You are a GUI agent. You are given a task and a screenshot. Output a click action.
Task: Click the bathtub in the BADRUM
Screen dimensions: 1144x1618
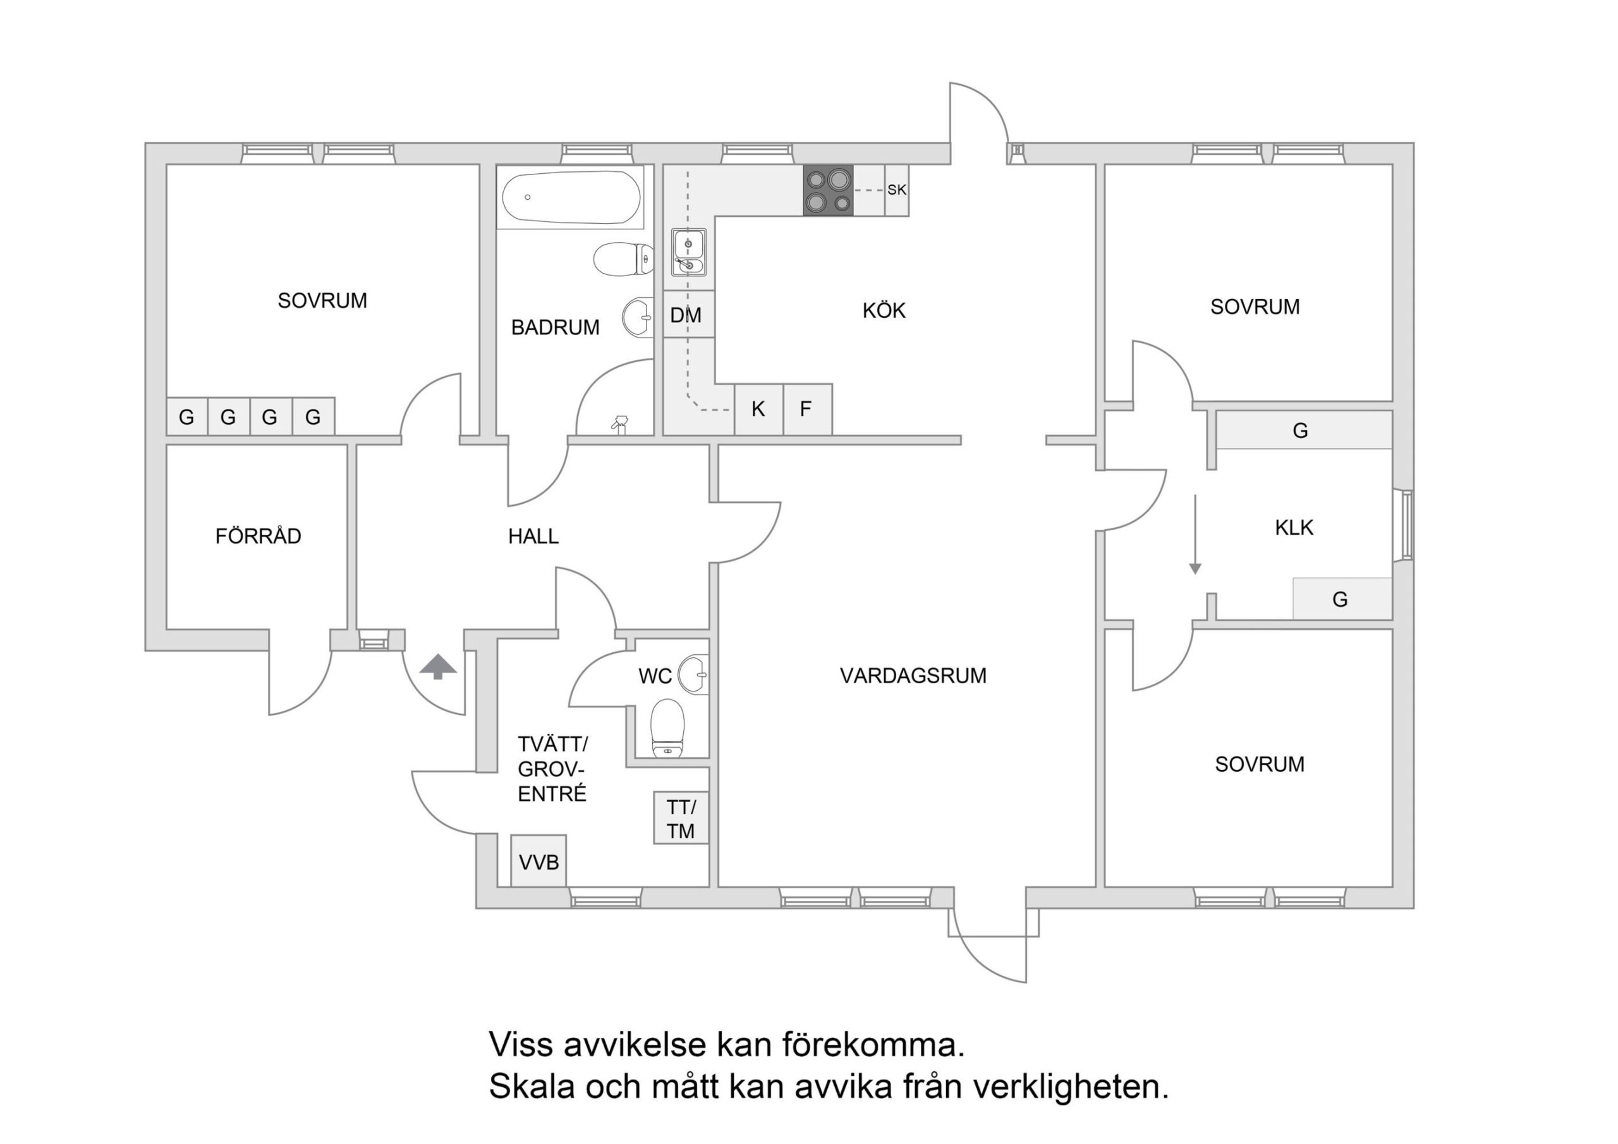click(571, 197)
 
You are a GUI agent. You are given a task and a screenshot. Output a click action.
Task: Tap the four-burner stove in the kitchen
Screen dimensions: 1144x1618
click(828, 190)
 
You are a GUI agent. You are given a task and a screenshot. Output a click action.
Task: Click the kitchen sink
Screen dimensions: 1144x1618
click(688, 252)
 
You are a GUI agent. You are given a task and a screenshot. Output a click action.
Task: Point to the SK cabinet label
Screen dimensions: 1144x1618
click(896, 190)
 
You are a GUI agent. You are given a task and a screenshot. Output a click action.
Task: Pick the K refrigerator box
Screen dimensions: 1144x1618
click(758, 409)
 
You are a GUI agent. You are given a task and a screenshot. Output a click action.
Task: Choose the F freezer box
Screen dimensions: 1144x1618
click(806, 409)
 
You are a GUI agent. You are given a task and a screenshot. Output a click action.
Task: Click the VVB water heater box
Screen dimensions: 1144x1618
click(538, 861)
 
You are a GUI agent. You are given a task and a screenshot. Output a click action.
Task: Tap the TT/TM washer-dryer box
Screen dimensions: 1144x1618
click(681, 819)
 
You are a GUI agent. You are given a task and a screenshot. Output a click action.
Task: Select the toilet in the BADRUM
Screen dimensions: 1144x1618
click(623, 259)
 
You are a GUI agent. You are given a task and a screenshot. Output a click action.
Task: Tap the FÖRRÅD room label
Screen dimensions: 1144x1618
click(258, 537)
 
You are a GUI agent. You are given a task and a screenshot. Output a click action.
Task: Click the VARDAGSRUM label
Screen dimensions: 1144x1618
click(913, 676)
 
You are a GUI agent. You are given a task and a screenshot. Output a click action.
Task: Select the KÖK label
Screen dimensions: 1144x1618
click(884, 311)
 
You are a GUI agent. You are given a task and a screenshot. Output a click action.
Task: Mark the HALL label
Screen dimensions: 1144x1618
click(533, 537)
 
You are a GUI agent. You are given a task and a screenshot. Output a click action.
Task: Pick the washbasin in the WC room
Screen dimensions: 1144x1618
click(694, 674)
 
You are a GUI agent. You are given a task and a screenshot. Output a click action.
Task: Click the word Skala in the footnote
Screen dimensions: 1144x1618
click(531, 1087)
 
